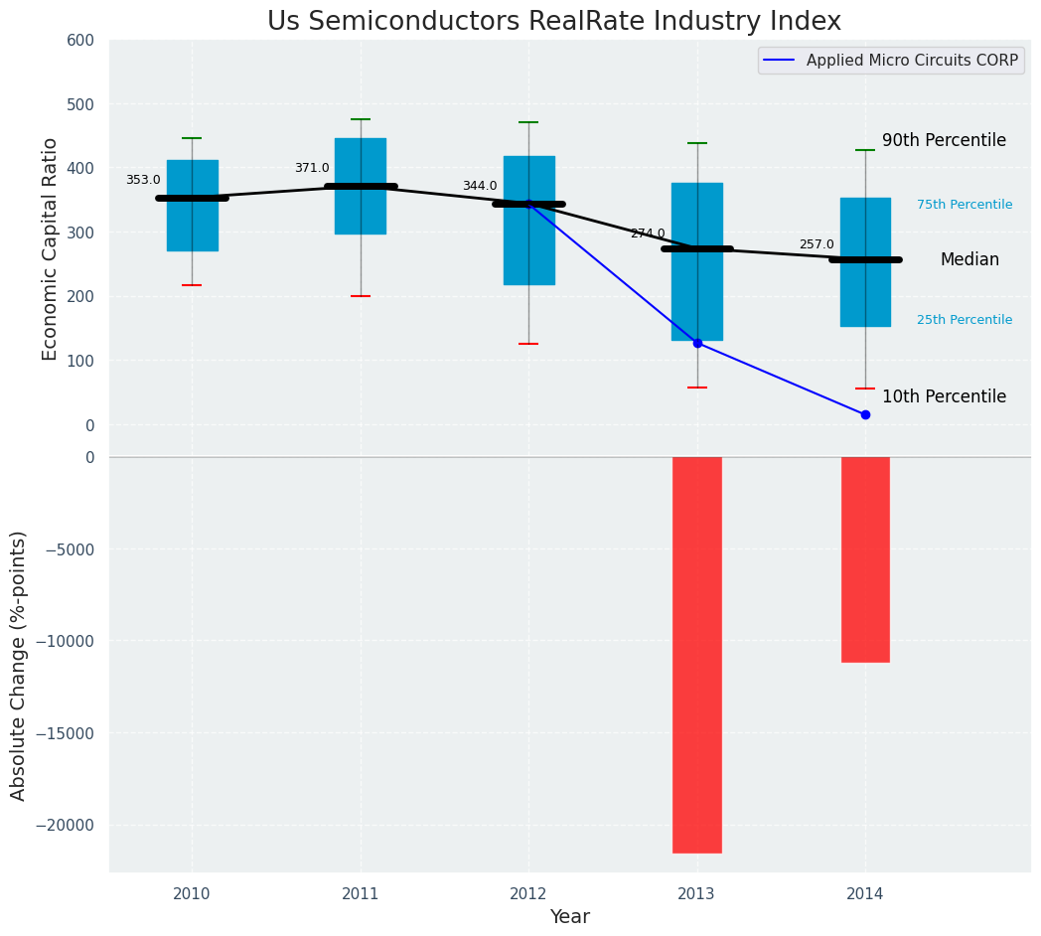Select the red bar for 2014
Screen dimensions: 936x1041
point(865,558)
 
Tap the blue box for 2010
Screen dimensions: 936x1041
point(193,206)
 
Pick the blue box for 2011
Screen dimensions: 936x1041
point(361,186)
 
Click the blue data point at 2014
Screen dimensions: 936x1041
point(865,414)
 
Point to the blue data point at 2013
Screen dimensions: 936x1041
point(697,343)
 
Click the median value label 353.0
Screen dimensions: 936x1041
point(143,180)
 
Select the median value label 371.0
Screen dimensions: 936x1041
point(312,168)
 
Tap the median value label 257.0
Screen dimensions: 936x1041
point(817,244)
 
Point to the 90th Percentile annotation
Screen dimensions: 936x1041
point(944,141)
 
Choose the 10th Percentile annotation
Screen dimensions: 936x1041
point(944,396)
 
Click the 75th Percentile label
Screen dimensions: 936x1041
point(965,205)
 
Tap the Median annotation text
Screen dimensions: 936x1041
point(969,259)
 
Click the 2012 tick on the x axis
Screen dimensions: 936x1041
point(528,894)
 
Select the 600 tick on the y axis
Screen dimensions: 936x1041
point(80,41)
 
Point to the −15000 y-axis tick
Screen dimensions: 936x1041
point(66,733)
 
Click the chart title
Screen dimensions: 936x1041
point(554,22)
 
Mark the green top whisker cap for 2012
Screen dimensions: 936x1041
point(528,122)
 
